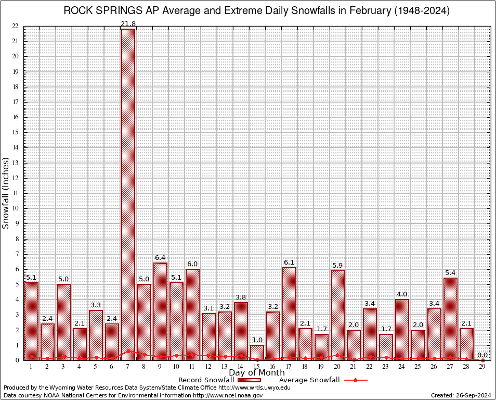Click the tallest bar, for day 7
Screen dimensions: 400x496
pos(128,193)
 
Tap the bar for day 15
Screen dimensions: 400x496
pos(257,353)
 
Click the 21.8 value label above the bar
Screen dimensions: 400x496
pos(128,24)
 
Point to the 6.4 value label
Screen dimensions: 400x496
pos(160,258)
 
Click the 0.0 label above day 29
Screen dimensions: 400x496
pos(482,355)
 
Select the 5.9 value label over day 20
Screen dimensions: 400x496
pos(337,266)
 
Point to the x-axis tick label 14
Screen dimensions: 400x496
pos(241,367)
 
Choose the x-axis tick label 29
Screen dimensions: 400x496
pos(482,367)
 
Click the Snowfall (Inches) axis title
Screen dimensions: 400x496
pos(6,193)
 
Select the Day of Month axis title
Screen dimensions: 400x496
pos(257,373)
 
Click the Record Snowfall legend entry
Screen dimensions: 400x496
pos(206,380)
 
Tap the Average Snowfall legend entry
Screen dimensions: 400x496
pos(309,380)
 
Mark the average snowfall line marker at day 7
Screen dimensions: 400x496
pos(128,351)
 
